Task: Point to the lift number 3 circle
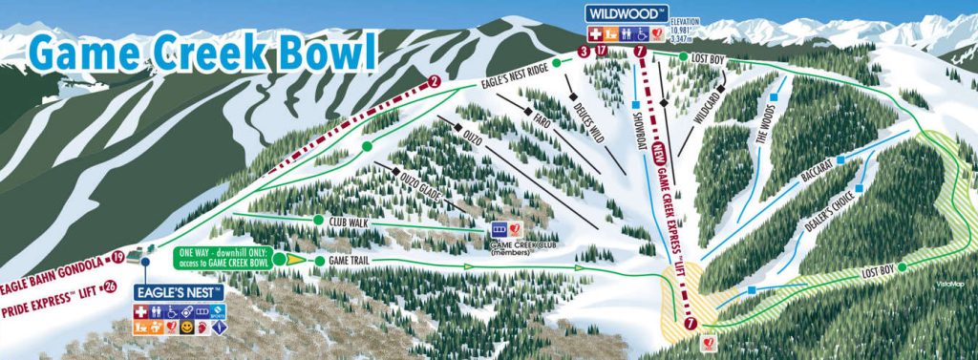tap(584, 52)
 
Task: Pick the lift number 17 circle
tap(601, 52)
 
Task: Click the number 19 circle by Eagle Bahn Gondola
tap(117, 257)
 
